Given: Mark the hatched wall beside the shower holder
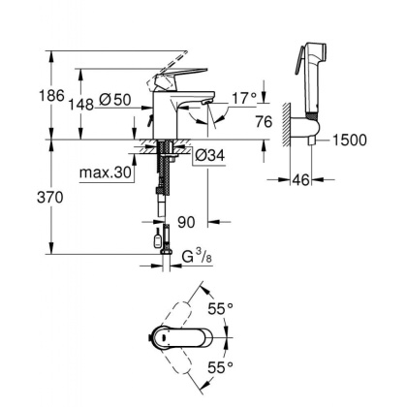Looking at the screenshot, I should click(284, 121).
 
